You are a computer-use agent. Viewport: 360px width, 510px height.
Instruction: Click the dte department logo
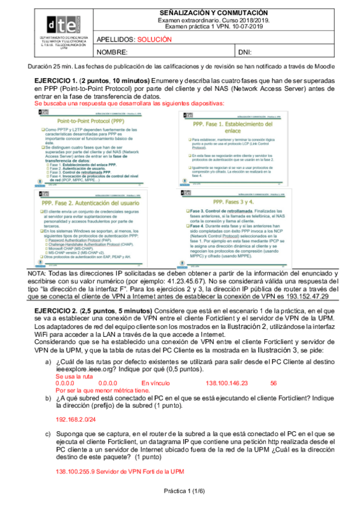[x=59, y=26]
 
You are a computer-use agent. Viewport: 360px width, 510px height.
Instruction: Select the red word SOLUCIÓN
[x=154, y=39]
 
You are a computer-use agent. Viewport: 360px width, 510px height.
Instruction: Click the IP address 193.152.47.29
[x=306, y=296]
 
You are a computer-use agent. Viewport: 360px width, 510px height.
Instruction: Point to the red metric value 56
[x=273, y=382]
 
